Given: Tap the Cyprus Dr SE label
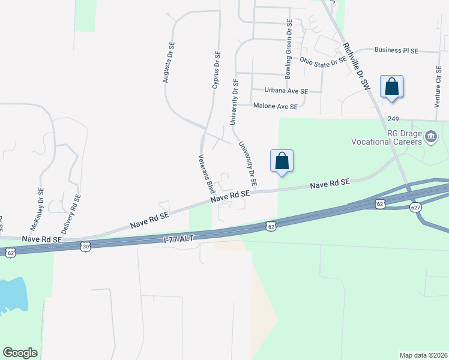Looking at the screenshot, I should point(215,70).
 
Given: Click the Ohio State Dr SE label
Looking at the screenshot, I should point(323,61).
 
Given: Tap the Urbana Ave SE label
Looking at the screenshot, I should point(286,91).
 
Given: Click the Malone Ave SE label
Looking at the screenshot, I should point(275,106).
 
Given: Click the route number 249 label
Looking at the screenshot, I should point(393,119).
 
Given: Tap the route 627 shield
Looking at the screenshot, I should point(416,207).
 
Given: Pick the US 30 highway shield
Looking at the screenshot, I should point(86,246).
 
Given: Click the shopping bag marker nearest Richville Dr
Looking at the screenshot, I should point(391,86).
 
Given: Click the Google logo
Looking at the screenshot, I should point(20,353).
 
